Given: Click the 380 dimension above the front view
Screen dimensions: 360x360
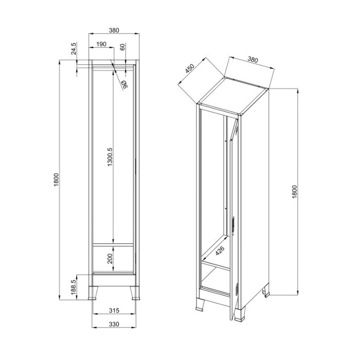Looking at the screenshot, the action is pyautogui.click(x=114, y=30).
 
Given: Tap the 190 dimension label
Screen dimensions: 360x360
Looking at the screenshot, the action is pyautogui.click(x=101, y=44).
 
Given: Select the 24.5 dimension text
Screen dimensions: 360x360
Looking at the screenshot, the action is pyautogui.click(x=73, y=48).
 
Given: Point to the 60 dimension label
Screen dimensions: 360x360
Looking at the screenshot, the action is pyautogui.click(x=122, y=47).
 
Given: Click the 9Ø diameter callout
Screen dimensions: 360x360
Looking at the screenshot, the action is pyautogui.click(x=124, y=85).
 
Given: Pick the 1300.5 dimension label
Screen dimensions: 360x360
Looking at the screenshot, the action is pyautogui.click(x=110, y=157).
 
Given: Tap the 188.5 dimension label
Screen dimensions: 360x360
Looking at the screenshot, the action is pyautogui.click(x=73, y=287).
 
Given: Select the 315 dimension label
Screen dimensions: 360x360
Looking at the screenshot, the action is pyautogui.click(x=114, y=311).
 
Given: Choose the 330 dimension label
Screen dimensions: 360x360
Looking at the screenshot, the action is pyautogui.click(x=114, y=324).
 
